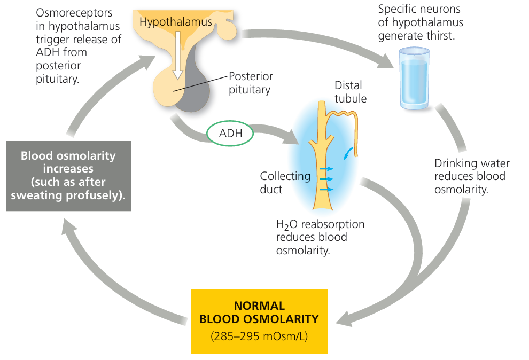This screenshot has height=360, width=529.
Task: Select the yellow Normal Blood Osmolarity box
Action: [259, 321]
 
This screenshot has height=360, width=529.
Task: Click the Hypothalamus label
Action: [175, 22]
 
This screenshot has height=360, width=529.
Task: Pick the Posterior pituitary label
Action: [251, 83]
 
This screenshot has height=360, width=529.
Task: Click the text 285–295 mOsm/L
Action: [259, 337]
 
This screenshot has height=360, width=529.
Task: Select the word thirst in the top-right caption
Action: [440, 36]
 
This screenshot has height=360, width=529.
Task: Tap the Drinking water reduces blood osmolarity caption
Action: [471, 176]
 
